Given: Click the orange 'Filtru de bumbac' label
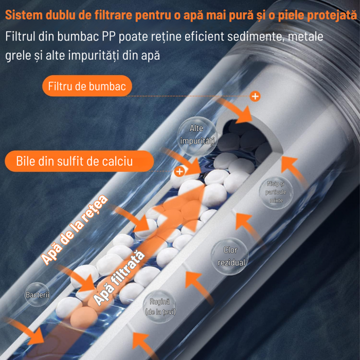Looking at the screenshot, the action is [87, 86].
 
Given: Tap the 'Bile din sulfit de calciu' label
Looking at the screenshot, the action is [79, 161].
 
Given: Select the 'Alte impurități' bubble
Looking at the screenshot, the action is [197, 136].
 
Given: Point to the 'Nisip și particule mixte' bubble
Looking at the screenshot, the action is [276, 192].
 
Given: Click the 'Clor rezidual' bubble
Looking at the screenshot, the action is [230, 256].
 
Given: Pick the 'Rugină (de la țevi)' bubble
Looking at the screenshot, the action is [160, 307].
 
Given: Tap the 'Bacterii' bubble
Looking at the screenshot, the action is [37, 295].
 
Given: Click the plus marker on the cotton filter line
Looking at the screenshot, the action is [255, 96].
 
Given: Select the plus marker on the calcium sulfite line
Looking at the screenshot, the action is [179, 171].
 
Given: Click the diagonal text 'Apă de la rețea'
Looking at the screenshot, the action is [74, 229].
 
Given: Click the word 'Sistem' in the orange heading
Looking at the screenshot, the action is [24, 15].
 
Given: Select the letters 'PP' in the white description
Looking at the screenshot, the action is [109, 37].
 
